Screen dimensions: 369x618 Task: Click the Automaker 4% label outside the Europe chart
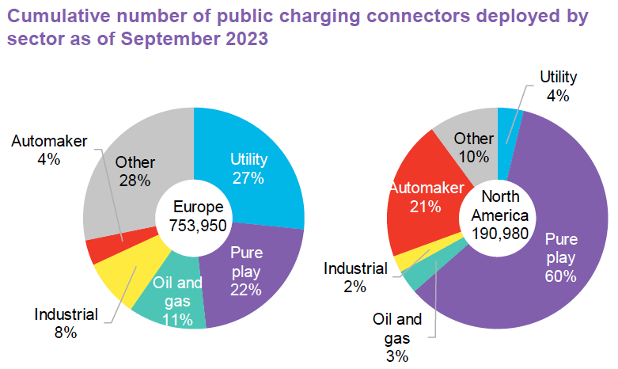tap(47, 150)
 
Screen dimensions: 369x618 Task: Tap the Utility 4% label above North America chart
tap(559, 86)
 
